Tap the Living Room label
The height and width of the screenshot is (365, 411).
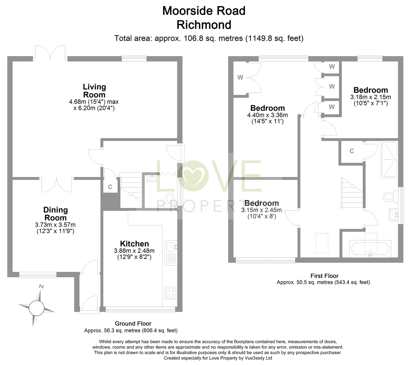pyautogui.click(x=94, y=91)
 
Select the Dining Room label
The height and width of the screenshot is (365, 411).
pyautogui.click(x=55, y=214)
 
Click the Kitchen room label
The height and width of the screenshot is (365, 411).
pyautogui.click(x=134, y=244)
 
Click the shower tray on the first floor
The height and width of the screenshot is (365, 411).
pyautogui.click(x=389, y=159)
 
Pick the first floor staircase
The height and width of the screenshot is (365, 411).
pyautogui.click(x=351, y=193)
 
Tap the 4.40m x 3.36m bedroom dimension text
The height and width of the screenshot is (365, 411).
pyautogui.click(x=267, y=115)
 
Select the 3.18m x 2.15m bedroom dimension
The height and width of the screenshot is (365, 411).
pyautogui.click(x=371, y=97)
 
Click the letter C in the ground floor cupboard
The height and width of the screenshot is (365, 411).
pyautogui.click(x=110, y=187)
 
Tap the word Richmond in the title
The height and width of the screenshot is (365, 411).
pyautogui.click(x=204, y=25)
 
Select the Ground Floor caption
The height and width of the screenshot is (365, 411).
pyautogui.click(x=133, y=323)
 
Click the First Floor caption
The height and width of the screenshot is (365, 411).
pyautogui.click(x=324, y=276)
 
